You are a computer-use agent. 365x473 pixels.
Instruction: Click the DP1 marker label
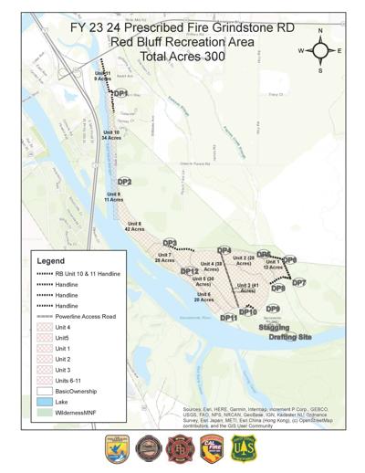click(120, 93)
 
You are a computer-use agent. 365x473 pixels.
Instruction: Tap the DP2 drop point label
click(125, 183)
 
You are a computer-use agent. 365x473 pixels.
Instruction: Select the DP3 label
click(170, 243)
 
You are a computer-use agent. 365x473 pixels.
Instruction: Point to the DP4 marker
click(224, 250)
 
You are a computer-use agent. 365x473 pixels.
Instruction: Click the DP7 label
click(298, 283)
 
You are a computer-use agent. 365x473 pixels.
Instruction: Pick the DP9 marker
click(273, 309)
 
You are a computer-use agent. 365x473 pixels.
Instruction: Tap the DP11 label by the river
click(228, 318)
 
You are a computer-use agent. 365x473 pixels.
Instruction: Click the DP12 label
click(190, 271)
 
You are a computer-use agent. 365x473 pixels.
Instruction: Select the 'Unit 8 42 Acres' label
click(134, 226)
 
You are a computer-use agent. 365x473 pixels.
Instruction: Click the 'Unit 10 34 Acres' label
click(111, 135)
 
